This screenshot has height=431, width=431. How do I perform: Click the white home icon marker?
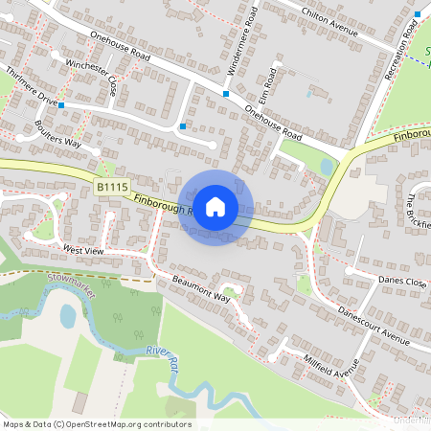click(215, 207)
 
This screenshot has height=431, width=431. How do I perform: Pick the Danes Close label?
click(401, 283)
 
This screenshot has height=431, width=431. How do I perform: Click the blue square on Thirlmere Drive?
click(61, 104)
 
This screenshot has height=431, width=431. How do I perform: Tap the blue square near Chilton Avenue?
click(419, 13)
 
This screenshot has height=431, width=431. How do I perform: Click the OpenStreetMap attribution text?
click(96, 424)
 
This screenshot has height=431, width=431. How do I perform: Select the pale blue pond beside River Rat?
click(68, 315)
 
